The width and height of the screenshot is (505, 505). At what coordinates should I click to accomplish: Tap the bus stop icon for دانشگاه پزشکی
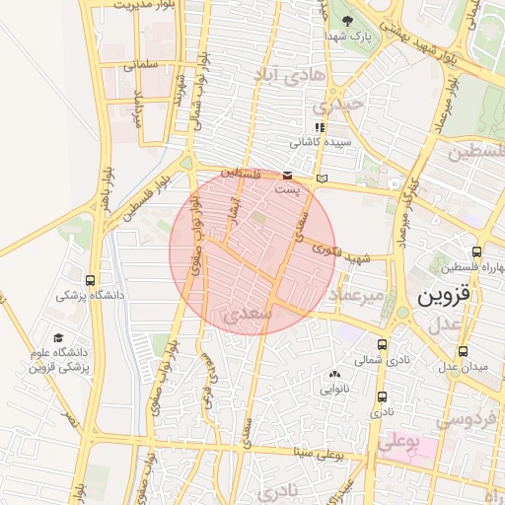(91, 280)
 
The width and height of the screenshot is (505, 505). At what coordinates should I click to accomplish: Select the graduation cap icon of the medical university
(58, 338)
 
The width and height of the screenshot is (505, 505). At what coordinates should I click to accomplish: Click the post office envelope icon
(287, 174)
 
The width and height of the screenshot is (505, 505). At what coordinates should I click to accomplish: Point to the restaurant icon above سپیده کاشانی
(318, 128)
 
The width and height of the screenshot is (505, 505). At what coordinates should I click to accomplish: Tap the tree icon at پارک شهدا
(346, 21)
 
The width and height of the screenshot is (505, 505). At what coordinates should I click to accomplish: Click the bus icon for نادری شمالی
(382, 344)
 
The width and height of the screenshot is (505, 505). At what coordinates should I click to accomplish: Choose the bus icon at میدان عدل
(463, 351)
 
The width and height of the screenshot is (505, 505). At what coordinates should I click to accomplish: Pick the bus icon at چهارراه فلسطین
(477, 252)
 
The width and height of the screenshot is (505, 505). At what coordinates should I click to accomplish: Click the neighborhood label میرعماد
(354, 295)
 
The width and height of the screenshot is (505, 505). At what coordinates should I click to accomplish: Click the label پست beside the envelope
(285, 187)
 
